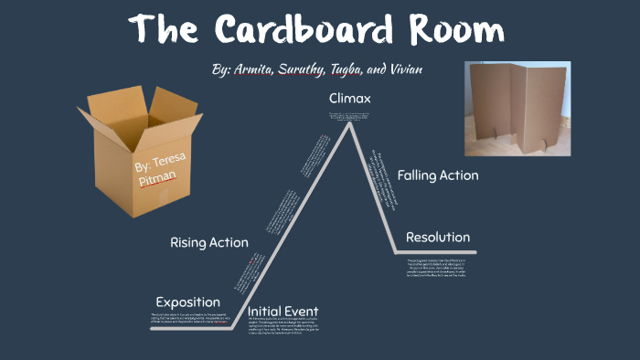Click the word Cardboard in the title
(x=302, y=31)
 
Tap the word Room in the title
(x=453, y=31)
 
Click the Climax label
(x=351, y=98)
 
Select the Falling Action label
(x=437, y=175)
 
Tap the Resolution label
(x=438, y=238)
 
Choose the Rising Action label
(x=208, y=242)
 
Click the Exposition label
(x=187, y=302)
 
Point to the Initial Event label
(x=283, y=311)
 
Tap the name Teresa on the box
(x=171, y=162)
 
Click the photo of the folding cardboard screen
(x=517, y=108)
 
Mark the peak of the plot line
(x=350, y=125)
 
